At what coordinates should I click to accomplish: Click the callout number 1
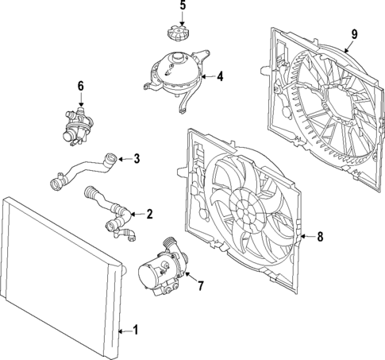pos(135,330)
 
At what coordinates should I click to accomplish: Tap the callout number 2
pos(148,214)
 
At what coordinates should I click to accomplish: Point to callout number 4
pos(220,77)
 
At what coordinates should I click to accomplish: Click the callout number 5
pos(182,6)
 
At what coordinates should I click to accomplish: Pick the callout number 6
pos(80,85)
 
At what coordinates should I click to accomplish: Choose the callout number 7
pos(200,285)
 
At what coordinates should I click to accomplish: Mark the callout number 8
pos(320,236)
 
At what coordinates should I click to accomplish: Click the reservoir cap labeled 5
pos(176,35)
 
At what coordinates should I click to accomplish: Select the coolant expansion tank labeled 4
pos(175,70)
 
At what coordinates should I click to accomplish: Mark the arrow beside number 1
pos(123,330)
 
